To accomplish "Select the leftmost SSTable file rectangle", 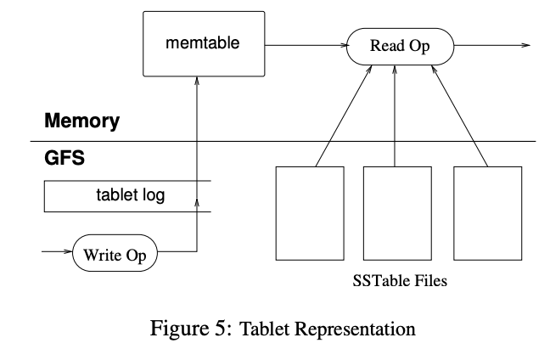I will [x=310, y=212].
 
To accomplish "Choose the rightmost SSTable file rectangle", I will [x=486, y=212].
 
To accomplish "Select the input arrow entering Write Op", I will [x=56, y=251].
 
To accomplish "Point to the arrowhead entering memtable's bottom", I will [x=197, y=82].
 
